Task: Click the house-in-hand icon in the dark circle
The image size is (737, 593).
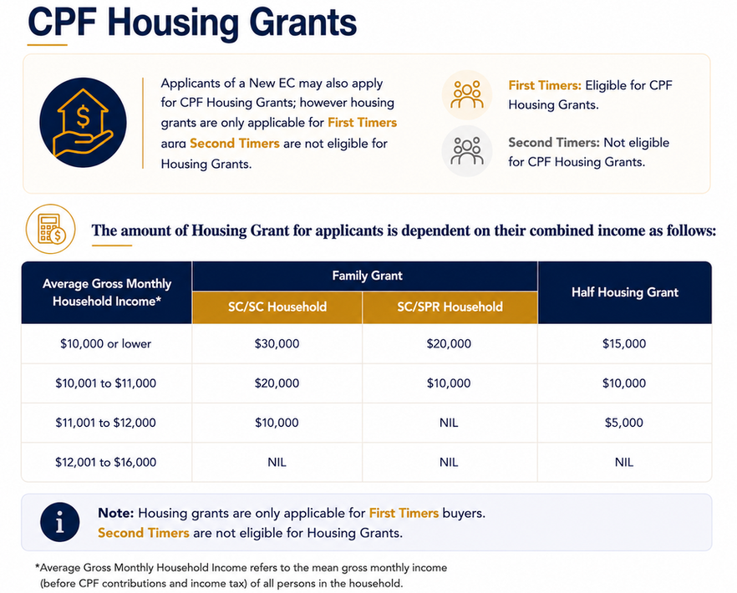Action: coord(83,123)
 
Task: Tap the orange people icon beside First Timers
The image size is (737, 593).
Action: coord(467,95)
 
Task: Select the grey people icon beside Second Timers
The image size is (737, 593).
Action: coord(467,151)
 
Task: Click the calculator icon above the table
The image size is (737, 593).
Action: coord(51,229)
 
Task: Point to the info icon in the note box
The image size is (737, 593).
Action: coord(59,522)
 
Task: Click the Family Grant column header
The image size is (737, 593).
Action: coord(367,276)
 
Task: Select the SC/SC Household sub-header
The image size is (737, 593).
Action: coord(277,307)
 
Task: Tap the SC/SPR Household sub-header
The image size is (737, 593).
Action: coord(450,307)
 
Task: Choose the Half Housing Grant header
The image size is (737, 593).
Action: coord(625,292)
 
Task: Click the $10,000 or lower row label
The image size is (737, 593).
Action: coord(106,343)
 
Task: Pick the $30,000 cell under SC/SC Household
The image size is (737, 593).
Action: coord(277,343)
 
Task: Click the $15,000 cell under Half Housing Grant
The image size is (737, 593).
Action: coord(624,343)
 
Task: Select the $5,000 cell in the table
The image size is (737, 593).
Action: coord(623,423)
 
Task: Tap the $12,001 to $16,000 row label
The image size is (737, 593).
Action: coord(106,462)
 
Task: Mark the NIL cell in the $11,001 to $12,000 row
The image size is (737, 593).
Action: coord(449,423)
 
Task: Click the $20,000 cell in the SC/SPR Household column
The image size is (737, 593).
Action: coord(449,343)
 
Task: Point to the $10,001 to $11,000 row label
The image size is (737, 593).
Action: coord(106,383)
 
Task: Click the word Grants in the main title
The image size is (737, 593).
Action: coord(302,22)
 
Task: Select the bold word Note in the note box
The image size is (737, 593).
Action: coord(115,513)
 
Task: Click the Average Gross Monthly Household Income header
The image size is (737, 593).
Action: coord(107,292)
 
